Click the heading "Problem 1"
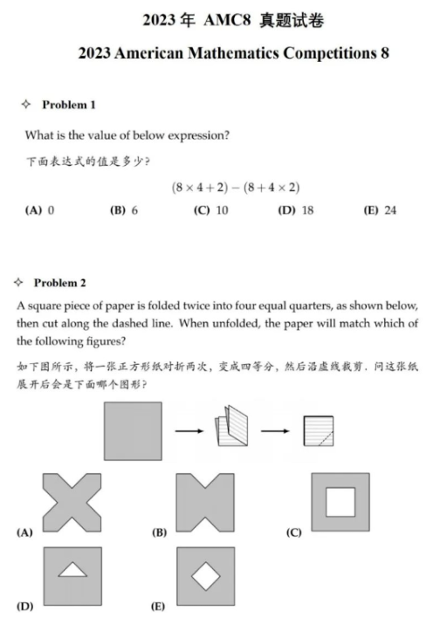69,106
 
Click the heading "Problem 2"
60,283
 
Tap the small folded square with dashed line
320,431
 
